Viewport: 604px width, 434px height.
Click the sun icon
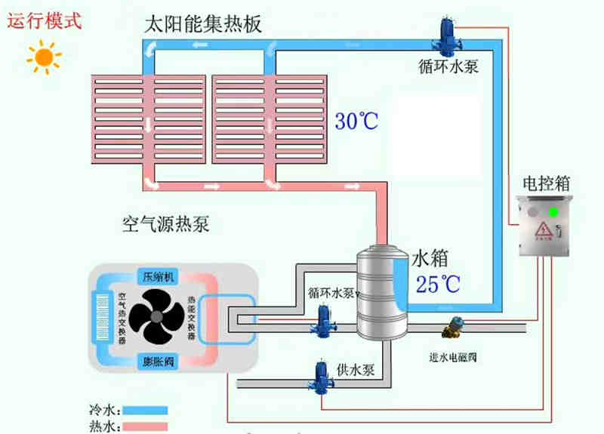coord(42,57)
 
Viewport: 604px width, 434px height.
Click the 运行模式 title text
coord(44,20)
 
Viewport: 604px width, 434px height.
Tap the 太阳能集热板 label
coord(203,24)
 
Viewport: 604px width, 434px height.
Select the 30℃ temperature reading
coord(356,120)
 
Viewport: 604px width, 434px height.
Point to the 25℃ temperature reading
coord(437,283)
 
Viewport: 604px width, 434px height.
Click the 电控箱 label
coord(545,183)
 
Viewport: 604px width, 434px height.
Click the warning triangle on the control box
coord(544,230)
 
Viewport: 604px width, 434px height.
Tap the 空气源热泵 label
coord(165,223)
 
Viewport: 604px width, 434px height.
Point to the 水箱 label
coord(430,259)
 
